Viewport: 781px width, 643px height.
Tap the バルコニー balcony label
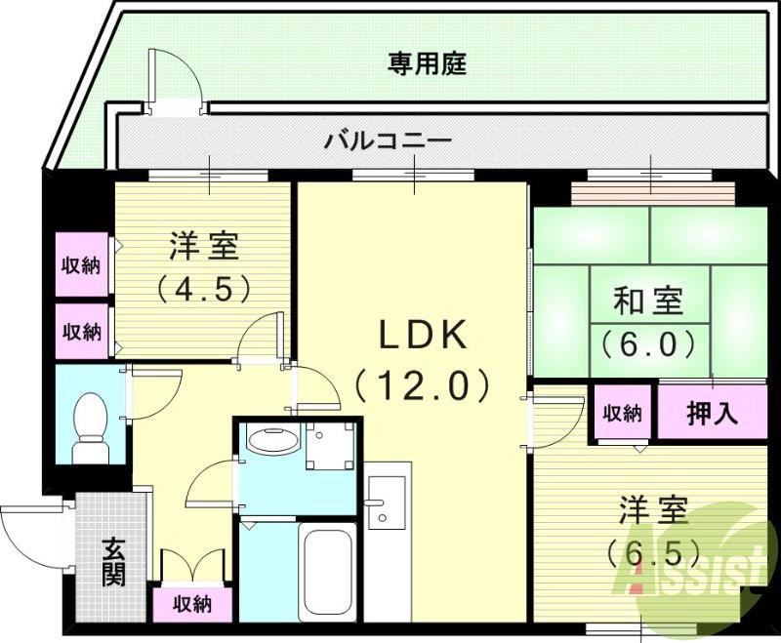coord(389,141)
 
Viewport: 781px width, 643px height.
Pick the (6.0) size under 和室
coord(647,343)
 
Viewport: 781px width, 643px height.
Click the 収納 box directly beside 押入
coord(621,413)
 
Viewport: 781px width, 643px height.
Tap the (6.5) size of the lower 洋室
coord(654,553)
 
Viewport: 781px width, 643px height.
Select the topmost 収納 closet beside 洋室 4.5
coord(82,265)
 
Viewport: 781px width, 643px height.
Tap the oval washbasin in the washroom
coord(271,442)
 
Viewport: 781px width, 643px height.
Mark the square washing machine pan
coord(328,450)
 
